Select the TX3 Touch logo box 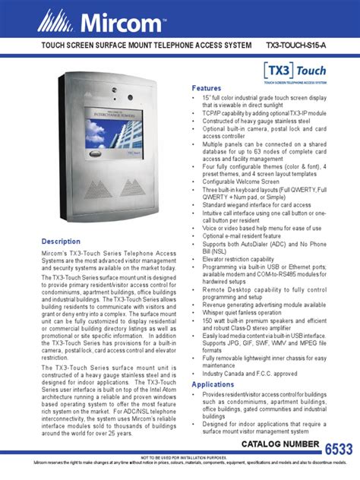pyautogui.click(x=295, y=71)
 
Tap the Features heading pyautogui.click(x=207, y=88)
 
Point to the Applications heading pyautogui.click(x=213, y=384)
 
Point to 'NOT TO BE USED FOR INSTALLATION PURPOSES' pyautogui.click(x=180, y=459)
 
